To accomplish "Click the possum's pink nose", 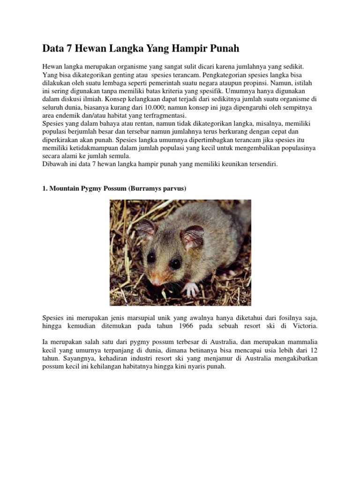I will click(156, 281).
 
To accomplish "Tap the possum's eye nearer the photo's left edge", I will click(151, 257).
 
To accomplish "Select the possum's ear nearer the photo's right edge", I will click(192, 237).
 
